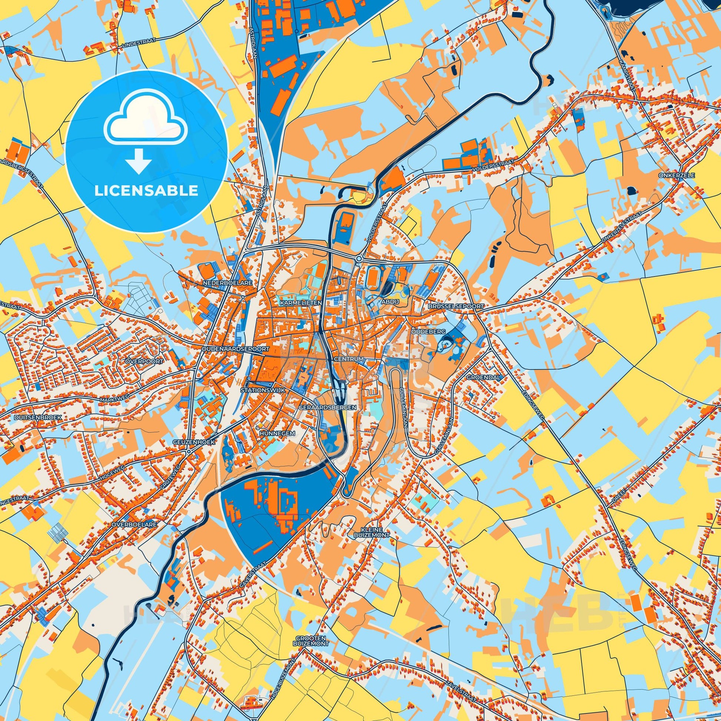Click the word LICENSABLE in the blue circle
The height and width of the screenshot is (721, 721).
[146, 191]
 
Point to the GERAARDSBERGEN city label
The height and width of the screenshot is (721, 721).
[327, 408]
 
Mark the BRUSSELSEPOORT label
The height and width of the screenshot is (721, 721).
[456, 306]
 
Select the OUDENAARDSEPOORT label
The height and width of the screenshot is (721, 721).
[235, 349]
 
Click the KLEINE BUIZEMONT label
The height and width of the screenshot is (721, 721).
[371, 532]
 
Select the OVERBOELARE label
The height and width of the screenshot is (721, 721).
[134, 524]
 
